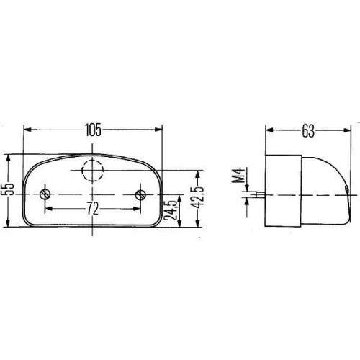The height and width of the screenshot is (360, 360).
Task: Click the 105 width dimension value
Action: [x=93, y=130]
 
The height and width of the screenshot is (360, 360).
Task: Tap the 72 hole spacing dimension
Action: [x=93, y=209]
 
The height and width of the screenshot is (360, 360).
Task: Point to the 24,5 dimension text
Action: [x=171, y=209]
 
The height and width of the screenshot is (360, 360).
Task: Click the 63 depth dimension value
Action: [x=307, y=130]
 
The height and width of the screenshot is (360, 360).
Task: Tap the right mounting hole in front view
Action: [x=140, y=194]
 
